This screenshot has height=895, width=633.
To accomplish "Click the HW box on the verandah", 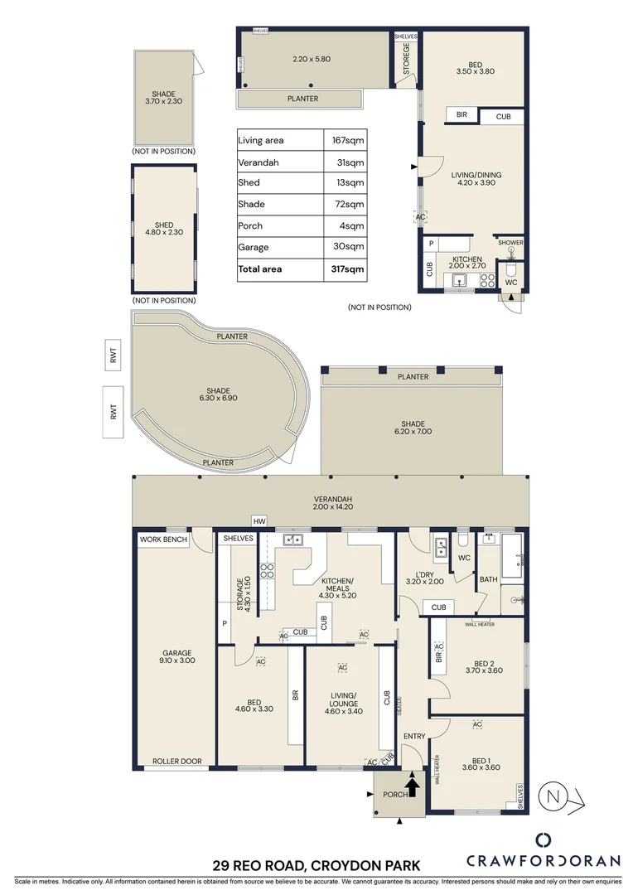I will tap(259, 521).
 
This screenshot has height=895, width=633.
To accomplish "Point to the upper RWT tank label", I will tap(114, 356).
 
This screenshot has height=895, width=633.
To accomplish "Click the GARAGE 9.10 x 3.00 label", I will tap(176, 657).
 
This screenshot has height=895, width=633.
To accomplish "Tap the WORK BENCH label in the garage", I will tap(164, 539).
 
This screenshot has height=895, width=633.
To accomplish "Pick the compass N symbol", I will tap(553, 797).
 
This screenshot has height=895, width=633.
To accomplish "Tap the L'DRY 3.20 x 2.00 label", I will tap(424, 577).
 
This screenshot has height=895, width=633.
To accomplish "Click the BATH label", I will tap(488, 579).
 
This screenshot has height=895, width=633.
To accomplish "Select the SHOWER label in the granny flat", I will tap(510, 243).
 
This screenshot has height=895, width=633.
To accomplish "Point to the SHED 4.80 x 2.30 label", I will tap(164, 230).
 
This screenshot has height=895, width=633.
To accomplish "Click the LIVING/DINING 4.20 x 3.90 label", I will tap(476, 180).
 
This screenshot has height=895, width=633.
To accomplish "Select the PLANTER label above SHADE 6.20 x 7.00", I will tap(413, 376).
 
